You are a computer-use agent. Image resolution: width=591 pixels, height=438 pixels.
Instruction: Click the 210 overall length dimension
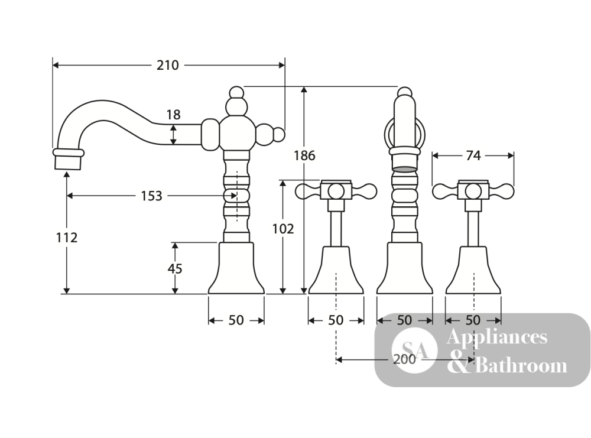[x=168, y=65]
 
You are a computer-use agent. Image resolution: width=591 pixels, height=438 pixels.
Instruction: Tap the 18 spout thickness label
[x=173, y=115]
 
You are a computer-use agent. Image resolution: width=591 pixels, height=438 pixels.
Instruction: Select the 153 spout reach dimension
[x=151, y=196]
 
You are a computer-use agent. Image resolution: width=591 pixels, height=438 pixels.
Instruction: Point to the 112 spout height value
[x=67, y=238]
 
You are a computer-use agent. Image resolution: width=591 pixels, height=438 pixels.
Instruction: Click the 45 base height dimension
[x=174, y=269]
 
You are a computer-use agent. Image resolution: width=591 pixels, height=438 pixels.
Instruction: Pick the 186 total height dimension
[x=304, y=155]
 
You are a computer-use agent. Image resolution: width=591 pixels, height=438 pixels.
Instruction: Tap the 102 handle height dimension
[x=283, y=229]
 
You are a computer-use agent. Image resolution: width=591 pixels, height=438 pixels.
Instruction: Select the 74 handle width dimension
[x=473, y=155]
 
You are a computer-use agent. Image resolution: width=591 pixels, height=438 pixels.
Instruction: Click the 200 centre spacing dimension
[x=404, y=359]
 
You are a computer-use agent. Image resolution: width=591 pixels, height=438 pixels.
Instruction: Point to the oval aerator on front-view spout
[x=405, y=169]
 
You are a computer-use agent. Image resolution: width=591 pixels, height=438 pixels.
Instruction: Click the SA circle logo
[x=415, y=350]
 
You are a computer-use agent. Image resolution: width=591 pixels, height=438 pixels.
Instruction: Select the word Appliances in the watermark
[x=497, y=336]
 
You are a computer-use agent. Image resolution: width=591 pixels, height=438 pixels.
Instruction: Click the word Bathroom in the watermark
[x=521, y=365]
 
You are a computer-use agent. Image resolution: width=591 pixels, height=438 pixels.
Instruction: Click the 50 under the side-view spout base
[x=236, y=320]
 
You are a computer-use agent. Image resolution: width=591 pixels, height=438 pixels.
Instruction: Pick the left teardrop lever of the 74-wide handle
[x=445, y=192]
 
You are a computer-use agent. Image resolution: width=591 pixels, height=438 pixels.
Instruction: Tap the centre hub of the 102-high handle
[x=336, y=192]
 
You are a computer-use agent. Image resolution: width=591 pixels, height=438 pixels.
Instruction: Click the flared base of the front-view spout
[x=405, y=268]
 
